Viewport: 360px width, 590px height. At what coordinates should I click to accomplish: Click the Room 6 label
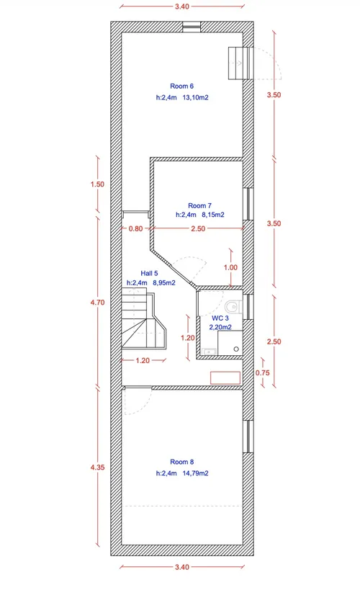(x=181, y=86)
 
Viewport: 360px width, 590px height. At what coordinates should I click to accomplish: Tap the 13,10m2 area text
(x=195, y=97)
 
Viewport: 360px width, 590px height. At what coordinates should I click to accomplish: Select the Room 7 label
(x=199, y=206)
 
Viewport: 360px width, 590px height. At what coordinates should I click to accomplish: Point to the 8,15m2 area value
(x=213, y=215)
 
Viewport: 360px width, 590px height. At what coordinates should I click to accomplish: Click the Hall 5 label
(x=149, y=274)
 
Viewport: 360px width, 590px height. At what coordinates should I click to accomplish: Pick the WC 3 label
(x=220, y=318)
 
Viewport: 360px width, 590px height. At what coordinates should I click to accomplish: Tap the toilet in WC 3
(x=234, y=307)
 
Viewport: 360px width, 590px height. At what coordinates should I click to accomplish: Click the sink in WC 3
(x=209, y=352)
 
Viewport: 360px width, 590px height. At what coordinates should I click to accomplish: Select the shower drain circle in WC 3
(x=236, y=349)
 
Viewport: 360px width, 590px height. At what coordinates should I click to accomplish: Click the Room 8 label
(x=181, y=462)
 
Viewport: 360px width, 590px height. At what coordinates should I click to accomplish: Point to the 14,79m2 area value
(x=195, y=473)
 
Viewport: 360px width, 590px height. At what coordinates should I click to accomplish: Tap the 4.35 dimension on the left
(x=97, y=468)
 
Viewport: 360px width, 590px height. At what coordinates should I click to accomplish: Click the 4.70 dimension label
(x=97, y=302)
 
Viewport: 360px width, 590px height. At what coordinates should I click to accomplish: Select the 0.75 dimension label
(x=263, y=373)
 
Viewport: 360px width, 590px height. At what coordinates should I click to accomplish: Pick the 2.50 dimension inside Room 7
(x=198, y=229)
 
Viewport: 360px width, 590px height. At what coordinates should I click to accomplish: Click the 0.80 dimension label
(x=136, y=229)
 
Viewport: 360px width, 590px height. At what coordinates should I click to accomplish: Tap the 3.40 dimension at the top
(x=182, y=6)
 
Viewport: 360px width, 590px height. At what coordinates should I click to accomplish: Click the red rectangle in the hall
(x=225, y=377)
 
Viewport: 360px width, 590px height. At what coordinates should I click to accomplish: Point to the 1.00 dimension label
(x=230, y=267)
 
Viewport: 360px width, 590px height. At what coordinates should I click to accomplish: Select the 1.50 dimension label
(x=97, y=184)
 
